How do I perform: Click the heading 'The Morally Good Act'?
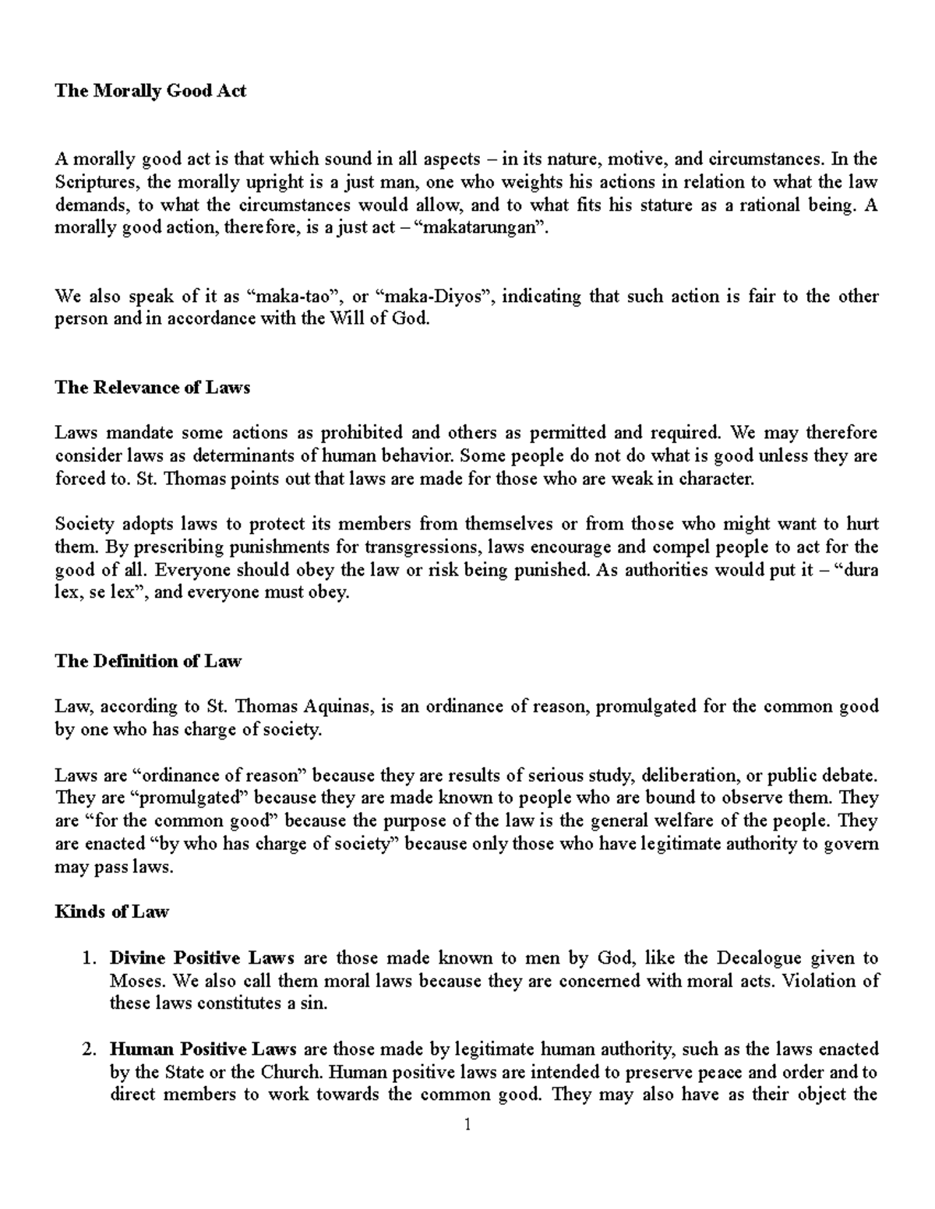150,91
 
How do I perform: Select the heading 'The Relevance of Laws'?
152,388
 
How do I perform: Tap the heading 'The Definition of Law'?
148,661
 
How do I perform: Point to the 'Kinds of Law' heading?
111,912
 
